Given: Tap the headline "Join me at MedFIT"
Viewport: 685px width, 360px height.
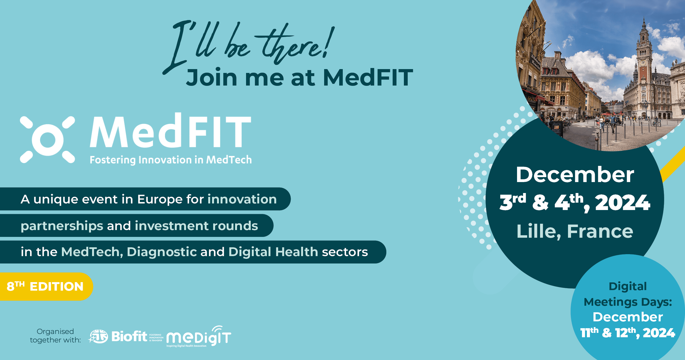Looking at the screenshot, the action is coord(299,77).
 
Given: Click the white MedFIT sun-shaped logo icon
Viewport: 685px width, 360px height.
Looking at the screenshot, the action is coord(47,140).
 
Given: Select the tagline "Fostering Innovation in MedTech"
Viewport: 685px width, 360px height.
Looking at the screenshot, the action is coord(171,160).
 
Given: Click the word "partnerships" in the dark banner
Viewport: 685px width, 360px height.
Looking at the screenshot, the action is coord(62,226).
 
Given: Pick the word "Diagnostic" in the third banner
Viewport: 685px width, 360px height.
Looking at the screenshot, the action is coord(162,252).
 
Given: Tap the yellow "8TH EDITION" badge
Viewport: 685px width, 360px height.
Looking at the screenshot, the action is coord(46,287).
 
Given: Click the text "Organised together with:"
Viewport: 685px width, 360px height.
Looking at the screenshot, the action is coord(55,336).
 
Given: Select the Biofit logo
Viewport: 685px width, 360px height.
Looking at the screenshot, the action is coord(125,336).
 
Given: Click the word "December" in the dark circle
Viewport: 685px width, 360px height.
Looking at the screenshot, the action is coord(575,175).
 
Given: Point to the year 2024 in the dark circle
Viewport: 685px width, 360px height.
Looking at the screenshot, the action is coord(623,203).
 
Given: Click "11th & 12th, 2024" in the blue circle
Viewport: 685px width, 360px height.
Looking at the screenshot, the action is coord(627,333).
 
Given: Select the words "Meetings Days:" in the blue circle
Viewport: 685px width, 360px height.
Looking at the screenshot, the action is coord(628,302).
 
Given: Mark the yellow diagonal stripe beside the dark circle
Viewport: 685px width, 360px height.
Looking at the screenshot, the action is coord(673,165).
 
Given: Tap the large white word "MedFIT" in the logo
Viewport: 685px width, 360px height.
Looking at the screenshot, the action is coord(170,130).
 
